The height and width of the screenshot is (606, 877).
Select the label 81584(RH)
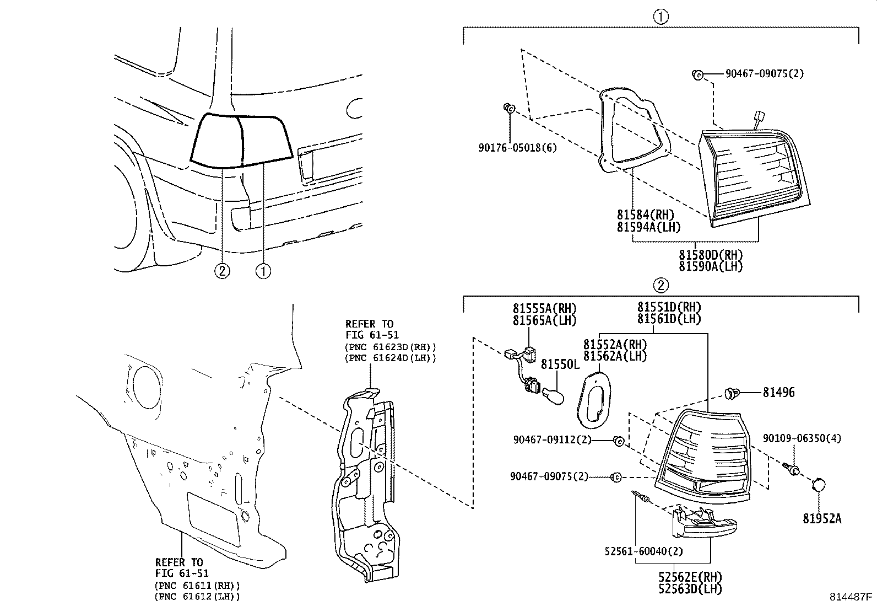pos(645,214)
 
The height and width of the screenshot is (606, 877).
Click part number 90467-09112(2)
pos(552,440)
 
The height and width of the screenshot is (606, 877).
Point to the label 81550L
pos(560,364)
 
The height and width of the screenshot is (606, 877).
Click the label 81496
pos(778,393)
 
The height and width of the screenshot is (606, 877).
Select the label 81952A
pos(821,518)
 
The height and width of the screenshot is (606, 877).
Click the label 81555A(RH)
pos(544,309)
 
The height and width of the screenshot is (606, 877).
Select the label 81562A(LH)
pos(615,356)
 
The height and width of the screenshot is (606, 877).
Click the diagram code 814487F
pos(852,597)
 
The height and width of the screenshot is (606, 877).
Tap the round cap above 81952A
pos(819,485)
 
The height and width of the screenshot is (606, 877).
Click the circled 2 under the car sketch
pos(222,271)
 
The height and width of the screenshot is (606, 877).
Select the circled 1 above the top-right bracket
pos(661,17)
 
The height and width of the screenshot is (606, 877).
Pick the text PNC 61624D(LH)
pos(390,358)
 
